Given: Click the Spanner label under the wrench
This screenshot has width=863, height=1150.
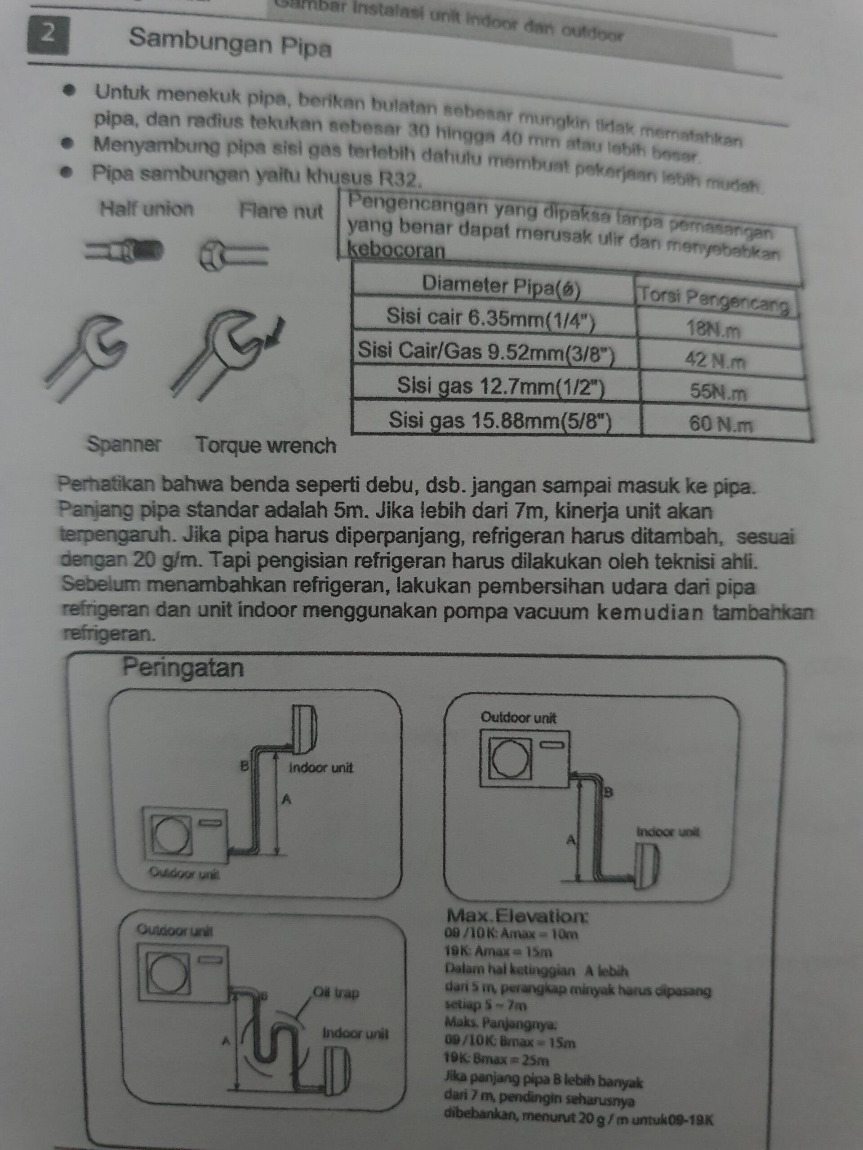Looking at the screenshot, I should click(124, 445).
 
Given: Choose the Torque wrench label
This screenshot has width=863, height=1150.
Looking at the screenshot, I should click(266, 446).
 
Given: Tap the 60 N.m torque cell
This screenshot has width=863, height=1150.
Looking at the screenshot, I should click(721, 425).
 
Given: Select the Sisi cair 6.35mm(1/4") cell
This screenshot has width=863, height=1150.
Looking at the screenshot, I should click(490, 318).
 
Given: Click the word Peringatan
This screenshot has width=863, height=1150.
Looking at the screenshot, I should click(183, 668).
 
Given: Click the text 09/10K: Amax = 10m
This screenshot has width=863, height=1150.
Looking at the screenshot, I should click(511, 934).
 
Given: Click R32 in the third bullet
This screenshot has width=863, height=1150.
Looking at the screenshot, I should click(399, 179).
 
